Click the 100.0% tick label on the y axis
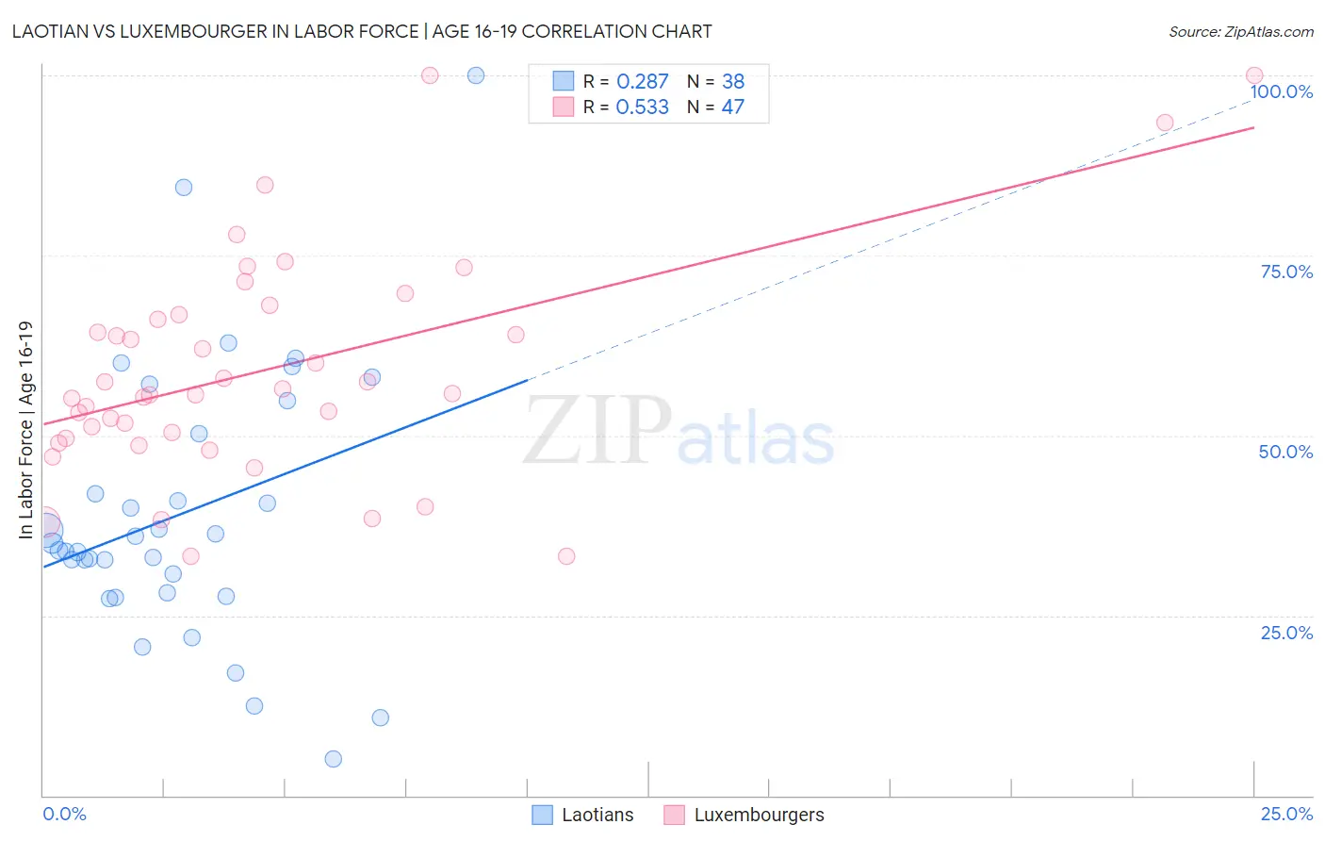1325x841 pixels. [1282, 91]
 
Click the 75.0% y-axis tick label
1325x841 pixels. [1286, 272]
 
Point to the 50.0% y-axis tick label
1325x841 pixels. [1285, 452]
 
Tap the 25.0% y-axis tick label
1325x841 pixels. [1286, 633]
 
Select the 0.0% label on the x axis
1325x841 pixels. [64, 814]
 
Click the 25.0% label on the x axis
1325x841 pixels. [1286, 814]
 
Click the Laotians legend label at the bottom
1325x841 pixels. [597, 815]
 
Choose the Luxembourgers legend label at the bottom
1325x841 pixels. [759, 815]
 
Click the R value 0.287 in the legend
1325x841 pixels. [642, 82]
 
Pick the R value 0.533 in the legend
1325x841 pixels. [642, 107]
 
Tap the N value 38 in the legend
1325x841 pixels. [733, 82]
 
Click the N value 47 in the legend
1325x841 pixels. [733, 107]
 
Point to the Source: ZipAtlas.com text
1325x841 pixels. [1240, 32]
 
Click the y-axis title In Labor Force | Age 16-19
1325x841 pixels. [25, 430]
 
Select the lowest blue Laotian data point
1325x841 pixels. [333, 759]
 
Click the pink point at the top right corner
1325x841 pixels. [1254, 75]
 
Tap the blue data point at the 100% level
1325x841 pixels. [476, 75]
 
